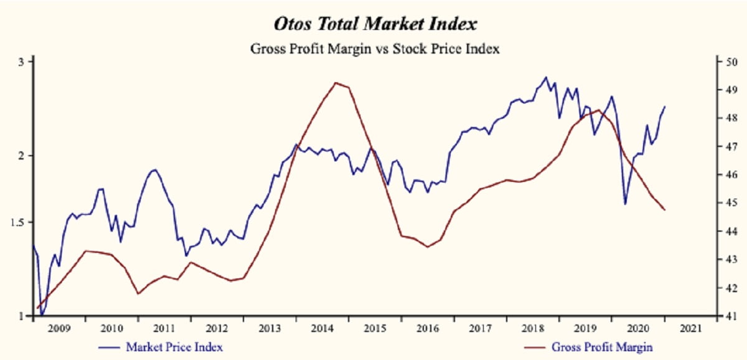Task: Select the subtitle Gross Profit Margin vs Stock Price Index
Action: tap(375, 49)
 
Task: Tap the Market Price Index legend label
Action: tap(174, 346)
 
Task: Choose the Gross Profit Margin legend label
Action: tap(602, 346)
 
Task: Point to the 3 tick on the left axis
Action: tap(21, 62)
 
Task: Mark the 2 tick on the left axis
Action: tap(21, 155)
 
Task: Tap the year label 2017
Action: tap(481, 329)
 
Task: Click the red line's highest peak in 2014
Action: tap(336, 82)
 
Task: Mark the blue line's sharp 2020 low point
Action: tap(625, 204)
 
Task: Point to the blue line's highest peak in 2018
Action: tap(546, 77)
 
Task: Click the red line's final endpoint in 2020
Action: tap(665, 210)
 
